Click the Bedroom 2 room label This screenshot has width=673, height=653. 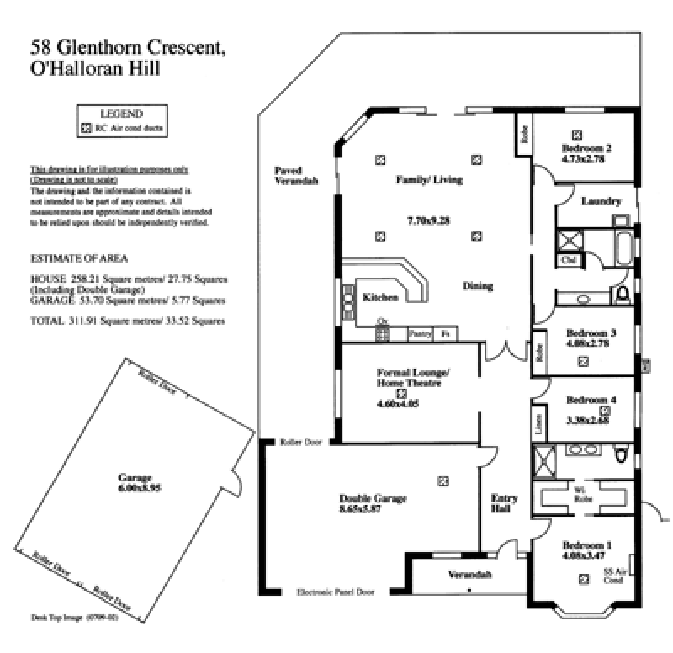pos(586,148)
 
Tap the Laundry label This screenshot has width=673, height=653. pos(601,201)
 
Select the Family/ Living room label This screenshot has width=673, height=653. pos(429,179)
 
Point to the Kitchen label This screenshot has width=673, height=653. pos(380,297)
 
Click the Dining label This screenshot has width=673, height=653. pos(477,286)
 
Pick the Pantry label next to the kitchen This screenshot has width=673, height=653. pos(420,333)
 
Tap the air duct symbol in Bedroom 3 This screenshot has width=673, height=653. pos(583,361)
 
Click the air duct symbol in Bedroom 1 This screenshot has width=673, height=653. pos(583,578)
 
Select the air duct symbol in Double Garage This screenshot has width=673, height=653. pos(442,480)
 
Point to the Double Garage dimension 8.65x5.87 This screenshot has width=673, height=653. pos(373,509)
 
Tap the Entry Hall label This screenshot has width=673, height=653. pos(504,503)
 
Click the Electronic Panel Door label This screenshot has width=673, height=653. pos(336,592)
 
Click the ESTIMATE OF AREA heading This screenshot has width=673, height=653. pos(79,257)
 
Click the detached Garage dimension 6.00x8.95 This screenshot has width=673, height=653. pos(135,488)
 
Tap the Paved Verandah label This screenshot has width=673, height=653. pos(296,175)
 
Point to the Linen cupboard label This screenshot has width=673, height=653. pos(538,422)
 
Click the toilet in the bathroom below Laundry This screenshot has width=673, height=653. pos(623,294)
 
